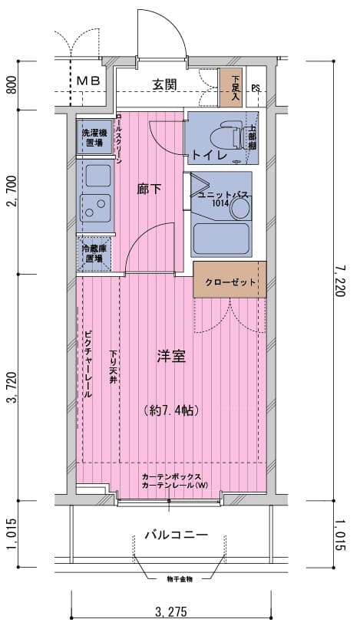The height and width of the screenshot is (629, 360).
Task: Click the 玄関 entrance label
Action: click(x=165, y=84)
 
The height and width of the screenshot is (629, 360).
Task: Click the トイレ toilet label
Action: click(x=208, y=155)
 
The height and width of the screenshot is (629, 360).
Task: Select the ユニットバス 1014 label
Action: click(x=223, y=199)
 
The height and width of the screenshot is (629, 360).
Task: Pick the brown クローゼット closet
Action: click(x=230, y=282)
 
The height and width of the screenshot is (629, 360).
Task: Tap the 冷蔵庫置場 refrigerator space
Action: click(x=95, y=254)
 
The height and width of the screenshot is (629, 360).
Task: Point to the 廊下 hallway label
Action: click(x=149, y=189)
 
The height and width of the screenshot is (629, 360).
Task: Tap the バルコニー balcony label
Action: click(x=176, y=535)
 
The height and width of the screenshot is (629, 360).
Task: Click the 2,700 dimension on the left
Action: click(x=11, y=191)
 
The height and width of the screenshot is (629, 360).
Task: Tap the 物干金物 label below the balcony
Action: click(x=179, y=578)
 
